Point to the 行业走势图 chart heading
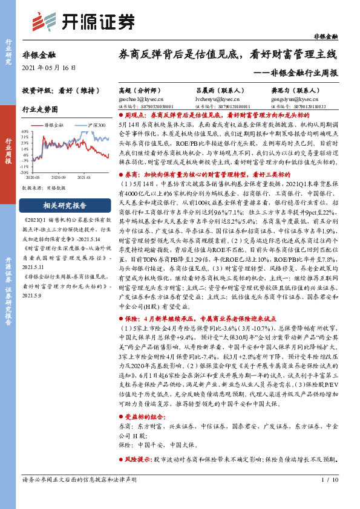click(x=41, y=110)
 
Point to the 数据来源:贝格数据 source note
click(x=44, y=188)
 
